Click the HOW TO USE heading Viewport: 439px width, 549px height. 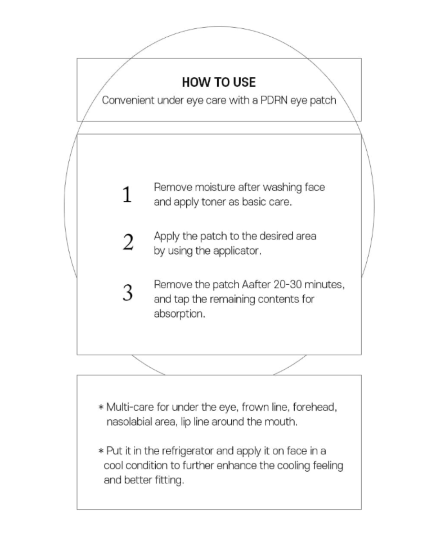(219, 82)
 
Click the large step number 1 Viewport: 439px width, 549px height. (127, 194)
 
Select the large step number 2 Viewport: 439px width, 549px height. (128, 243)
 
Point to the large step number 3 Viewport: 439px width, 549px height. (128, 292)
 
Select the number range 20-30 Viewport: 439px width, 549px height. (287, 284)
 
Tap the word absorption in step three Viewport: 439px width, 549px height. (179, 314)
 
